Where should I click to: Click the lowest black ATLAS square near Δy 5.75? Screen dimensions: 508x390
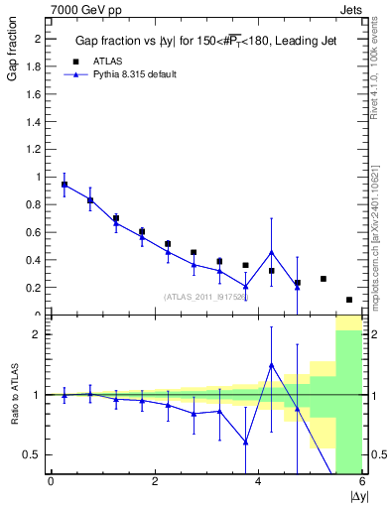coord(349,300)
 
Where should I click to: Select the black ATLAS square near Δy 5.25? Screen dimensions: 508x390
coord(324,279)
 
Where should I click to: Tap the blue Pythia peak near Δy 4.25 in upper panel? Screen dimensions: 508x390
coord(271,252)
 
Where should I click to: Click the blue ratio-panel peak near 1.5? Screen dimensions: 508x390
coord(271,365)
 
